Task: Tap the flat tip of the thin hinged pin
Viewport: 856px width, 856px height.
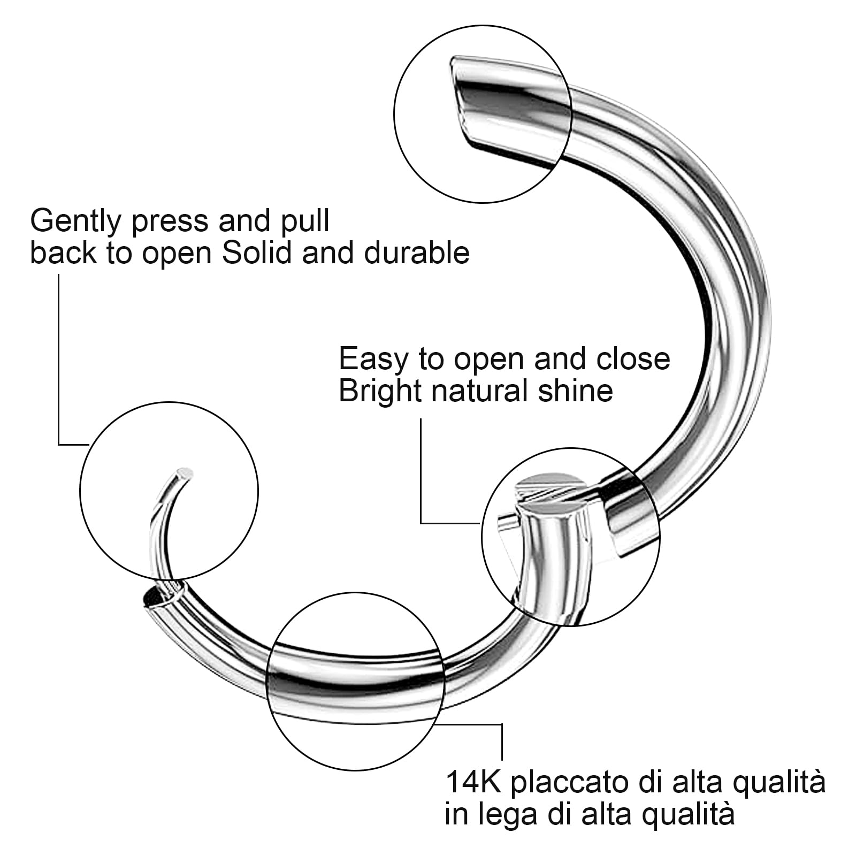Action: tap(185, 473)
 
